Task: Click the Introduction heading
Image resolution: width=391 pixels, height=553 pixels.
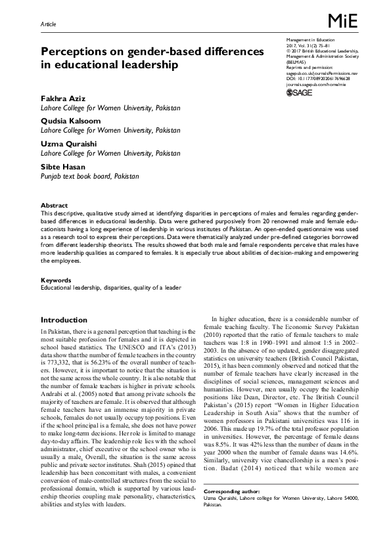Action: point(65,319)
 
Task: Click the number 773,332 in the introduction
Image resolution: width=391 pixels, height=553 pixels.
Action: point(55,361)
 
